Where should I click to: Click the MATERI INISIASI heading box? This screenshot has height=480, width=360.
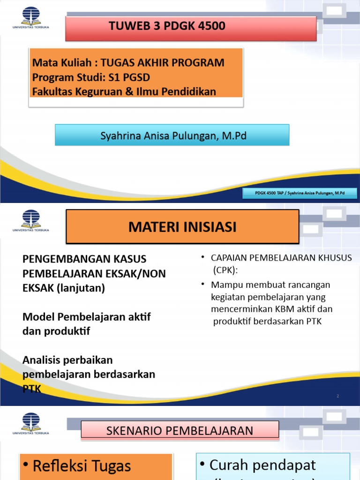[x=182, y=227]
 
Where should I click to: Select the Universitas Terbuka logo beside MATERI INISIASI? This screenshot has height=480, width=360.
[x=31, y=221]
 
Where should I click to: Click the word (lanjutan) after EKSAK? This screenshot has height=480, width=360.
[x=81, y=288]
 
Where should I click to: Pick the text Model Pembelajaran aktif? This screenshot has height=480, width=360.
[x=87, y=317]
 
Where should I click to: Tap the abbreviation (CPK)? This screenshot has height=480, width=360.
[x=226, y=270]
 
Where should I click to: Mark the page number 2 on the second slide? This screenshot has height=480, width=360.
[x=338, y=396]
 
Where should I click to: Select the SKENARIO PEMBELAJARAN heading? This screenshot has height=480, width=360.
[x=180, y=430]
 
